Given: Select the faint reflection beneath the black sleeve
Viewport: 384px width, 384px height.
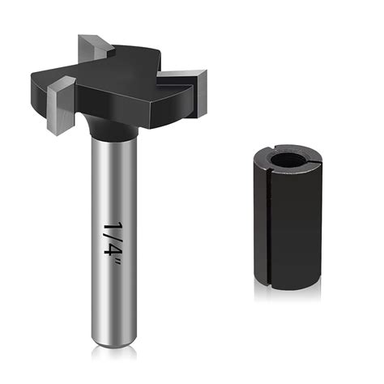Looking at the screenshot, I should point(285,301).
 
